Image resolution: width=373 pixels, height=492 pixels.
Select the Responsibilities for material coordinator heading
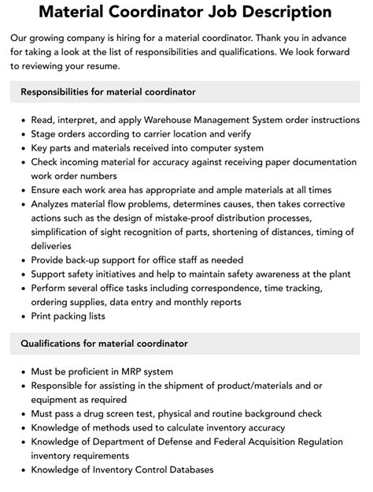[109, 92]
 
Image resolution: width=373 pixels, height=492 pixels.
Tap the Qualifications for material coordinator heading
[105, 344]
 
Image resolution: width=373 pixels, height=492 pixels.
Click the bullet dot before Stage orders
[20, 134]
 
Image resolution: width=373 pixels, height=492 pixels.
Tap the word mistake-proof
[200, 218]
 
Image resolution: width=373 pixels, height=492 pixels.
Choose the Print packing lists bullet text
[68, 316]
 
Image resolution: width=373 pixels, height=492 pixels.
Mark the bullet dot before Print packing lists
[20, 316]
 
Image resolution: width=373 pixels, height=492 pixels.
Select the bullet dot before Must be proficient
[20, 371]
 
